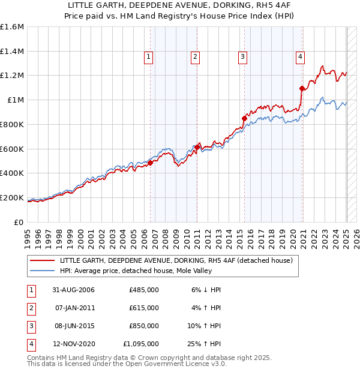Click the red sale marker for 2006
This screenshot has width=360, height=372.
point(150,163)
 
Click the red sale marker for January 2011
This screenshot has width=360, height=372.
point(196,146)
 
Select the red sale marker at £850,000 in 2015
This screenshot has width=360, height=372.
point(244,118)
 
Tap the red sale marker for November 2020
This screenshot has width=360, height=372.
point(301,88)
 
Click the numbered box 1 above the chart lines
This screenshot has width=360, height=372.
point(148,57)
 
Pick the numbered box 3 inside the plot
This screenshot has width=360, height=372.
point(242,57)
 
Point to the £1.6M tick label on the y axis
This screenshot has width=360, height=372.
point(11,27)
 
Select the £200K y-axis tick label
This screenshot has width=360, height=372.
point(11,197)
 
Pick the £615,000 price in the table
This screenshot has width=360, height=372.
point(144,308)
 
